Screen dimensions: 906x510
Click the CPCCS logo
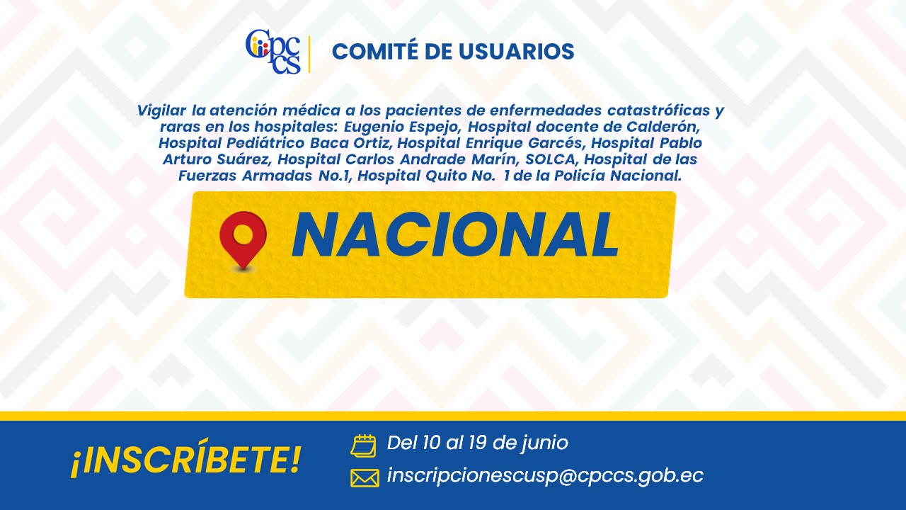(x=273, y=52)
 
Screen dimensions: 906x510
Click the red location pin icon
(x=243, y=240)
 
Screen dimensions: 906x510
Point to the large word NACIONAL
(x=455, y=234)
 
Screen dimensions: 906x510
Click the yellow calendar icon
(x=363, y=446)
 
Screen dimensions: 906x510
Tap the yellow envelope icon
(x=365, y=478)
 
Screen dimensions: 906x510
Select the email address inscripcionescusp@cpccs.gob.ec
(x=545, y=475)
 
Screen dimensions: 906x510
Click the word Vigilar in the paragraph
(x=162, y=110)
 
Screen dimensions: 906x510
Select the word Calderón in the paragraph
(x=663, y=127)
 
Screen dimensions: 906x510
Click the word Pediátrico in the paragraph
(x=265, y=143)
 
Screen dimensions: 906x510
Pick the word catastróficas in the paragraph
(x=659, y=110)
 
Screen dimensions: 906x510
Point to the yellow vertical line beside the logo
(x=309, y=55)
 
